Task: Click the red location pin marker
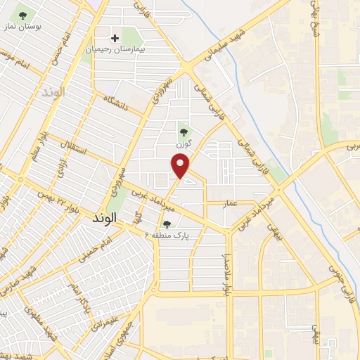[181, 166]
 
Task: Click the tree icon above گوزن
[184, 131]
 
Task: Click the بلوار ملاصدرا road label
[227, 273]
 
